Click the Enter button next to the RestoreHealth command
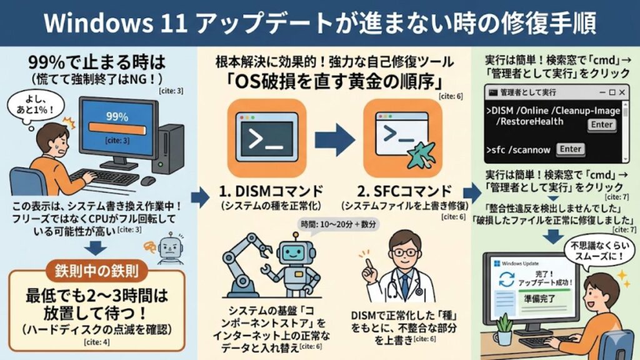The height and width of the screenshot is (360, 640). pos(602,125)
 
